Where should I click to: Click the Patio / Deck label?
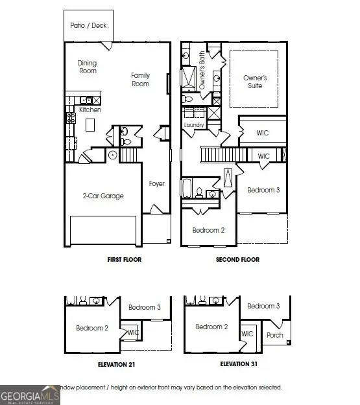[x=89, y=25]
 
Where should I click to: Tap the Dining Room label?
[x=88, y=67]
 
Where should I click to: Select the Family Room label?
[x=140, y=80]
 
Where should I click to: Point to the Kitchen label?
[x=90, y=110]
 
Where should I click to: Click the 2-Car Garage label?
[x=102, y=196]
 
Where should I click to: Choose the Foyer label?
[x=156, y=183]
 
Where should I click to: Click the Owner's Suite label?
[x=255, y=82]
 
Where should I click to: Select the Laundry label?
[x=194, y=125]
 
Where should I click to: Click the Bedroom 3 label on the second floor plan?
[x=263, y=190]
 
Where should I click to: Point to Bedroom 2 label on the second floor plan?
[x=208, y=230]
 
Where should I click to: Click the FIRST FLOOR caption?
[x=124, y=260]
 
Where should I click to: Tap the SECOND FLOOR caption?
[x=237, y=260]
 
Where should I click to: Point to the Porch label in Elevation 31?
[x=274, y=335]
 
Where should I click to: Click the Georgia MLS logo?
[x=30, y=395]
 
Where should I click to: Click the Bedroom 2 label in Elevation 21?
[x=92, y=328]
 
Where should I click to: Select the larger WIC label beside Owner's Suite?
[x=262, y=133]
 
